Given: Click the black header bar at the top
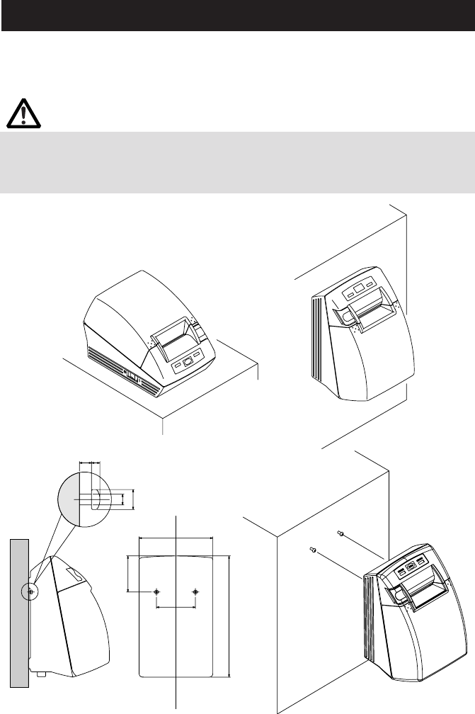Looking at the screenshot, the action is tap(237, 15).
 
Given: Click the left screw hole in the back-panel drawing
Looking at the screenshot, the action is tap(157, 591).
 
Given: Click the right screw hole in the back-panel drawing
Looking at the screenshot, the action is tap(196, 591).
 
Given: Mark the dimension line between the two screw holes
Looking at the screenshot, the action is tap(176, 606).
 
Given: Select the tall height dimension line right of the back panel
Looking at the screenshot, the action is tap(229, 616).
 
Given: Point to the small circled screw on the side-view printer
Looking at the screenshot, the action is tap(30, 591).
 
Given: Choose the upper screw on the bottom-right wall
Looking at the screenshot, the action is tap(340, 533).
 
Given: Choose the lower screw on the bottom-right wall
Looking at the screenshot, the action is tap(312, 549).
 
